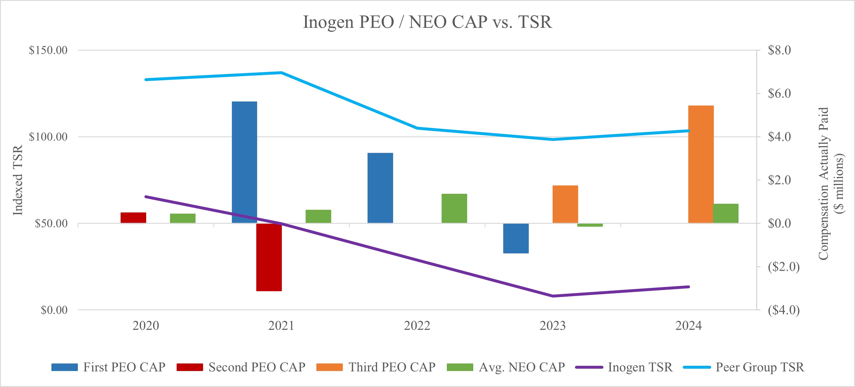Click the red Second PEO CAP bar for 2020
133,218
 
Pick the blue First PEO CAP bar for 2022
380,188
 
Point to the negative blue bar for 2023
516,238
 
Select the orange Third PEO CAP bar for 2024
701,164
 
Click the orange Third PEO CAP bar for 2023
565,204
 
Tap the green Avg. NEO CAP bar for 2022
454,208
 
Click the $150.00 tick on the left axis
48,50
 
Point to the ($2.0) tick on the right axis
784,267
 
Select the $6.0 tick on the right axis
779,94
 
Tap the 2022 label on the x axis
417,326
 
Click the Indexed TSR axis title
18,180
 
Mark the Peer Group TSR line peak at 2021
281,72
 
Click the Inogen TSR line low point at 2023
553,296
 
